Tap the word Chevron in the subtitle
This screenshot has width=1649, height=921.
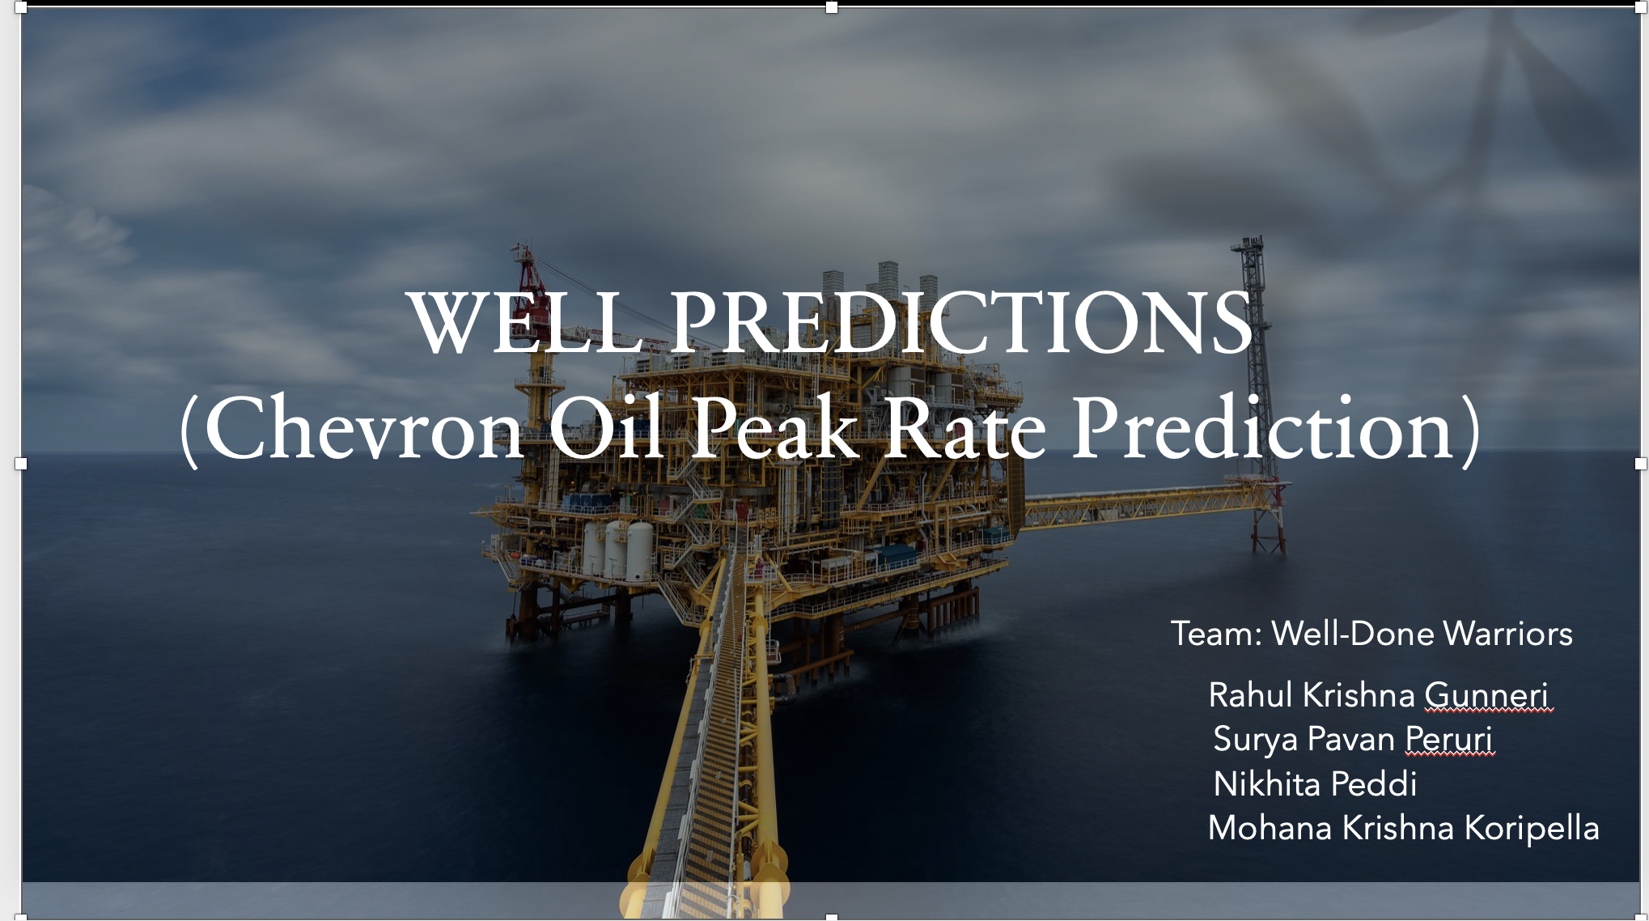pyautogui.click(x=363, y=427)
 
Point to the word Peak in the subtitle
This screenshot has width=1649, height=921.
pyautogui.click(x=774, y=427)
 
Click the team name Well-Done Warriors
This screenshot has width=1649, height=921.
pyautogui.click(x=1422, y=634)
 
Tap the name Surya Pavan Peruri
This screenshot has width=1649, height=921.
pyautogui.click(x=1352, y=740)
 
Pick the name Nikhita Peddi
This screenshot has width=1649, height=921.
pyautogui.click(x=1315, y=783)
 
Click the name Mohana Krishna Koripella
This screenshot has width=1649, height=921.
pyautogui.click(x=1403, y=828)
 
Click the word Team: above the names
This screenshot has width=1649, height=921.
pyautogui.click(x=1216, y=634)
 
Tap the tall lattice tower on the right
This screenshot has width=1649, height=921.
pyautogui.click(x=1257, y=388)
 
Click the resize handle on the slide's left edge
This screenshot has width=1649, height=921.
pyautogui.click(x=21, y=464)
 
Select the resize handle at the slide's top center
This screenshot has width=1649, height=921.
pyautogui.click(x=831, y=7)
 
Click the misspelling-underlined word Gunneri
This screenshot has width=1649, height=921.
pyautogui.click(x=1486, y=696)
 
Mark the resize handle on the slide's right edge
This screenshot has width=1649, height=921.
pyautogui.click(x=1641, y=464)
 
